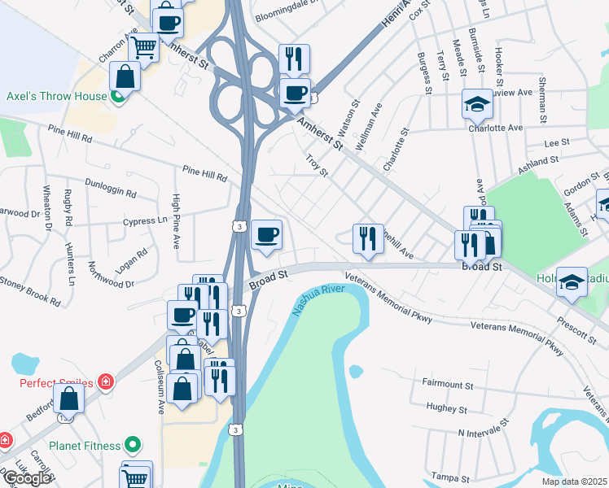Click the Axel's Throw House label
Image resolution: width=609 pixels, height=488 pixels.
(x=56, y=96)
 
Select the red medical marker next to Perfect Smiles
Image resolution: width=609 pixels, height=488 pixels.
(x=105, y=381)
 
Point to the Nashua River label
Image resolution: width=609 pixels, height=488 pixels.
(x=320, y=299)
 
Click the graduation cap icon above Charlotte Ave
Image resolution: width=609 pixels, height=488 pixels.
(x=477, y=103)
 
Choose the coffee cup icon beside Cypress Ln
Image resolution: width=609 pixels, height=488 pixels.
(x=266, y=235)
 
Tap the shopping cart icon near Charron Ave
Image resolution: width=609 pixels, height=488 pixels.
(x=143, y=47)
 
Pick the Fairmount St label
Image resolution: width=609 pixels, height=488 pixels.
(x=448, y=383)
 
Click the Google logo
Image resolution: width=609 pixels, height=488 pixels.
(x=27, y=478)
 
